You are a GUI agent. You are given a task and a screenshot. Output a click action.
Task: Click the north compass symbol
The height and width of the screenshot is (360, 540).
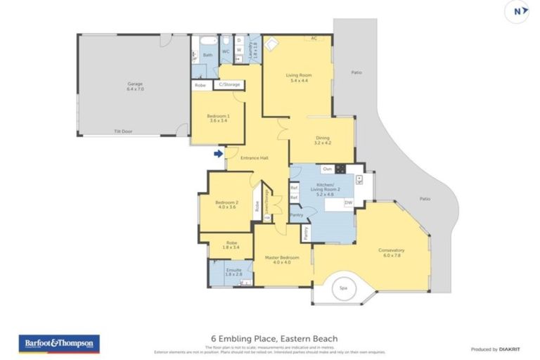pyautogui.click(x=517, y=11)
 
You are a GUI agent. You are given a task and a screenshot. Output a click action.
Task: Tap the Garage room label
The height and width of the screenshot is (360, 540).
pyautogui.click(x=134, y=86)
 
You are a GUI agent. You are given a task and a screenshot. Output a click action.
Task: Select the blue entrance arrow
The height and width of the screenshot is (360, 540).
pyautogui.click(x=219, y=153)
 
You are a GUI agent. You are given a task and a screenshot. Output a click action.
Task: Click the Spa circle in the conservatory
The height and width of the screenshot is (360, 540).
pyautogui.click(x=344, y=288)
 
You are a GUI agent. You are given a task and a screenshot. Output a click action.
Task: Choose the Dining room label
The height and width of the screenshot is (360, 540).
pyautogui.click(x=322, y=140)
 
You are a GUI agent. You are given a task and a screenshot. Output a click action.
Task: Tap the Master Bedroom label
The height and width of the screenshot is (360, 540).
pyautogui.click(x=282, y=259)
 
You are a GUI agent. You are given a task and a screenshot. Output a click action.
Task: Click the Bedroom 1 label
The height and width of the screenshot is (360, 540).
pyautogui.click(x=217, y=117)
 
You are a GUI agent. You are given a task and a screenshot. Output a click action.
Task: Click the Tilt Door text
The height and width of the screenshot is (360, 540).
pyautogui.click(x=124, y=131)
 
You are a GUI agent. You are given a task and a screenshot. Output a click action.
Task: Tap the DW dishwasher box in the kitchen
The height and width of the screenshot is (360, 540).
pyautogui.click(x=348, y=202)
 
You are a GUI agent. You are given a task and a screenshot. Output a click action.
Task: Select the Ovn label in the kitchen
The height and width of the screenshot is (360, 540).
pyautogui.click(x=327, y=169)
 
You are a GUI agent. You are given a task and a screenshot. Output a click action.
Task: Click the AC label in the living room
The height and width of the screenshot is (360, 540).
pyautogui.click(x=314, y=39)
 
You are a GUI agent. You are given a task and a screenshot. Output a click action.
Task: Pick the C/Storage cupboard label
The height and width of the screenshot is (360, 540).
pyautogui.click(x=229, y=84)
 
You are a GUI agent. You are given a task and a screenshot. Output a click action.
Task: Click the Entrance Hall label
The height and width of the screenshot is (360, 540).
pyautogui.click(x=255, y=157)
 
